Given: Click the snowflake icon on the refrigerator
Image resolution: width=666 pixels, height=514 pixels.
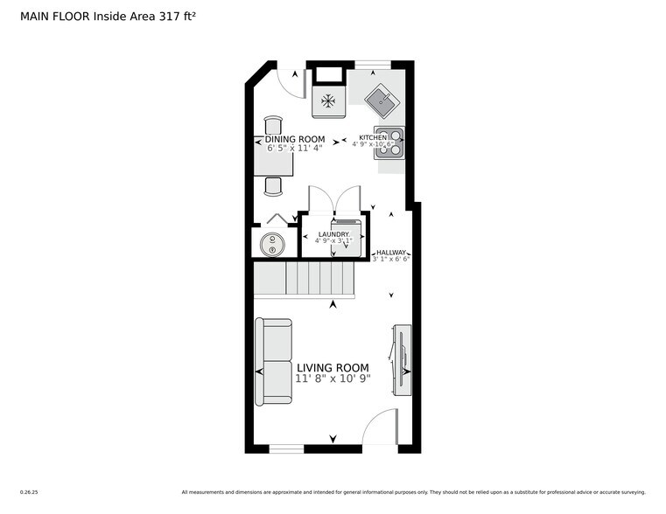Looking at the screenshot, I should tap(328, 101).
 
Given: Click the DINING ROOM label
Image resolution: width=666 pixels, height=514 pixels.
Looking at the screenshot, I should tap(295, 139).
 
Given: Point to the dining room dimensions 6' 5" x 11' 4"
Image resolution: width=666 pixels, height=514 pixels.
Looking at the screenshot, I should tap(295, 149).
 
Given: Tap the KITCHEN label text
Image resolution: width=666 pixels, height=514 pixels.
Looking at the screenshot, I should tap(373, 137).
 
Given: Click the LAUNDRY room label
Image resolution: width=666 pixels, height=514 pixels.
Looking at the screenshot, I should tap(333, 234).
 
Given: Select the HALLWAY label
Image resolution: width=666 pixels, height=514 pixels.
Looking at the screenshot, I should tap(391, 252).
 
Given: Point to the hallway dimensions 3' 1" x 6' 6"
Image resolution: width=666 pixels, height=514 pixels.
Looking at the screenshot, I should tap(391, 260).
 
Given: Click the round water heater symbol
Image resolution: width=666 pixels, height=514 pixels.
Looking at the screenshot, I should tap(272, 243).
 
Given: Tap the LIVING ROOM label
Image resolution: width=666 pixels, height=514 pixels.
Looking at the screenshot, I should tap(333, 367).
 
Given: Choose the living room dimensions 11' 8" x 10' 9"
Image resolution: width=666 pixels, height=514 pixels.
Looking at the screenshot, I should tap(333, 379).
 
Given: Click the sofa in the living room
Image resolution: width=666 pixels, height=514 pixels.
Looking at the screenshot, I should tap(274, 361).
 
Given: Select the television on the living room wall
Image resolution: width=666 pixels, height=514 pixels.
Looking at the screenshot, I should tap(402, 360).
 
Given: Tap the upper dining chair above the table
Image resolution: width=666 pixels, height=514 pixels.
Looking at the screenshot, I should tap(273, 124).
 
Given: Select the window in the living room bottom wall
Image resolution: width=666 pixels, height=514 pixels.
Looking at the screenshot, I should tap(286, 449).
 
